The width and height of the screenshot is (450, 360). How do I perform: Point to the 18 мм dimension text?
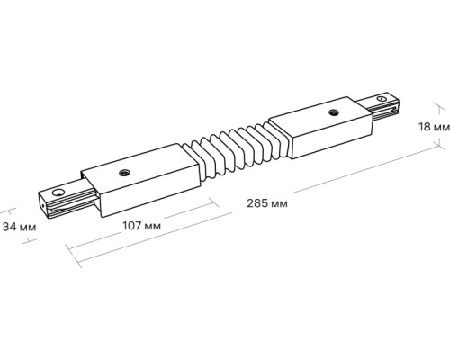[x=432, y=127]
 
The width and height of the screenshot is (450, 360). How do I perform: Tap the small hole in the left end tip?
[x=57, y=191]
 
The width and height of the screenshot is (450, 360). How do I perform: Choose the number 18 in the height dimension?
[x=423, y=127]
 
